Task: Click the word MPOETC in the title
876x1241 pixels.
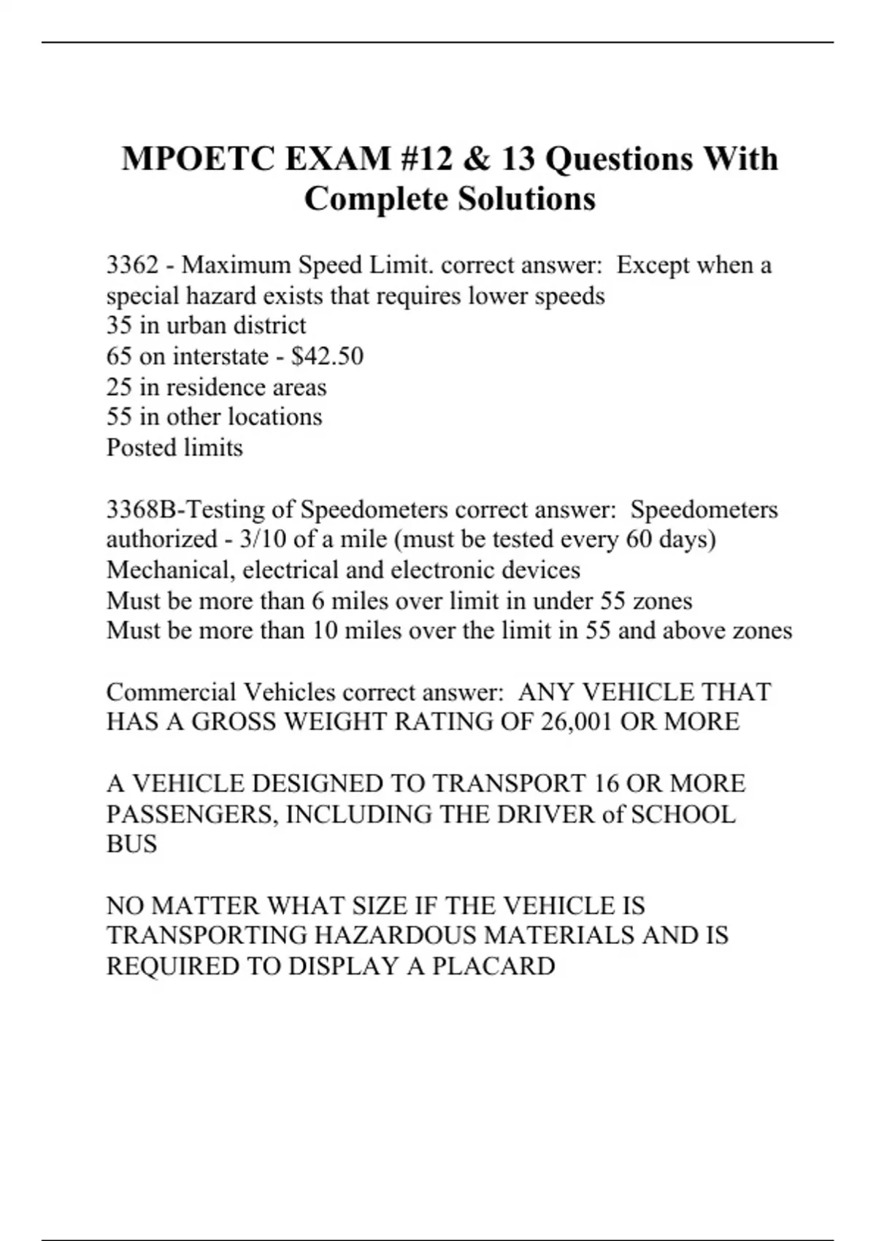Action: [198, 158]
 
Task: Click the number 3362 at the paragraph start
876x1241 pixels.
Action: [132, 264]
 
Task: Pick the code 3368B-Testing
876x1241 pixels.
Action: [185, 509]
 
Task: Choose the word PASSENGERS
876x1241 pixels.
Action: [191, 814]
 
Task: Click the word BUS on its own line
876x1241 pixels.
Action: [132, 845]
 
